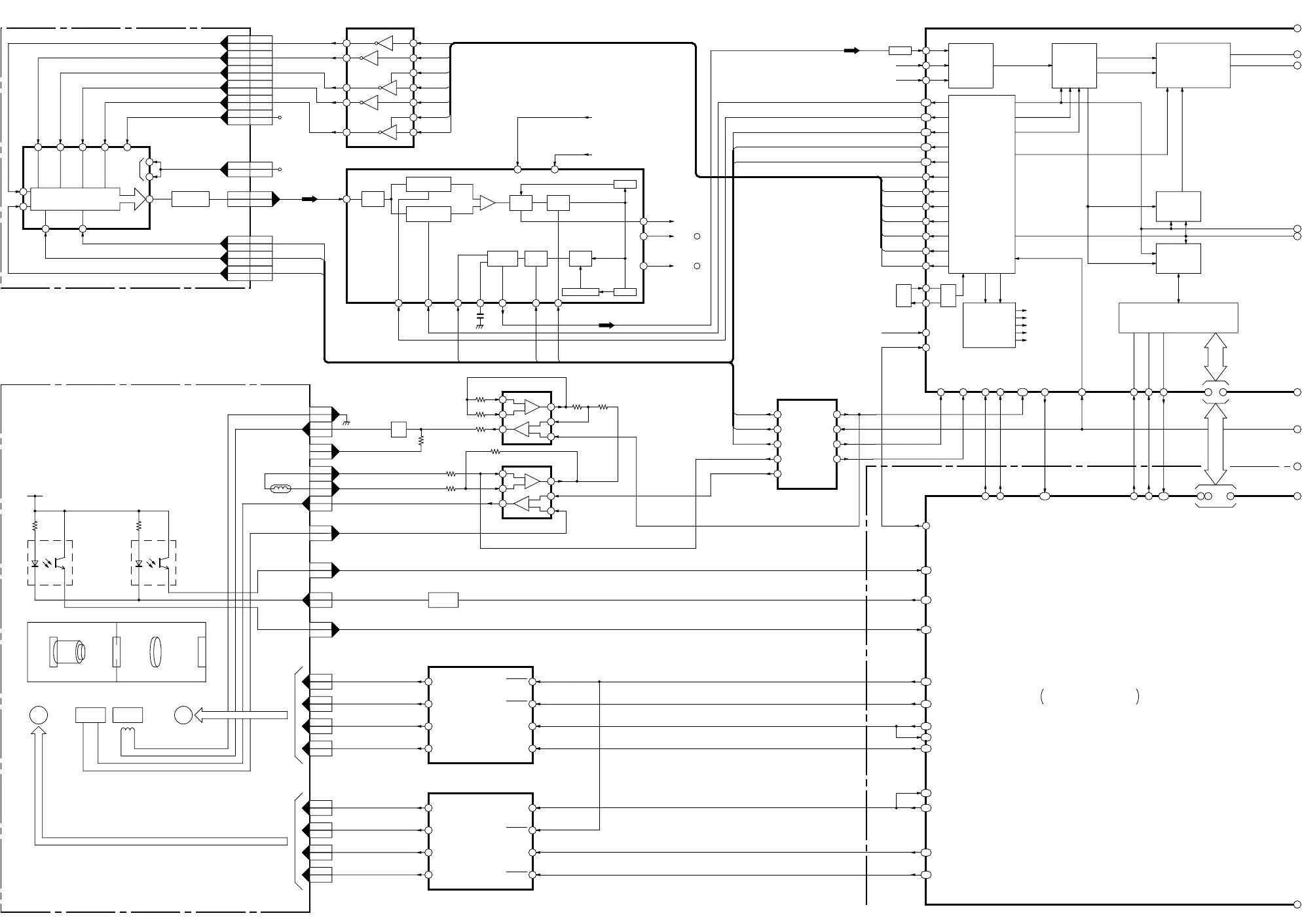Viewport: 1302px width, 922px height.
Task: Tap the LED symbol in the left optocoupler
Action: (x=35, y=563)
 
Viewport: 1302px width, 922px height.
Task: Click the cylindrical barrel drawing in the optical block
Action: (x=67, y=652)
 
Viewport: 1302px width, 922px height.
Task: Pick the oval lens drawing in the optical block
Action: (x=155, y=652)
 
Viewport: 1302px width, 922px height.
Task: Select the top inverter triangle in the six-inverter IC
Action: (x=385, y=43)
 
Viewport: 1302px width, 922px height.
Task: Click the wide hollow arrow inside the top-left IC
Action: (x=134, y=199)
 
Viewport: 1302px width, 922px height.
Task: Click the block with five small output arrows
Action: (x=989, y=325)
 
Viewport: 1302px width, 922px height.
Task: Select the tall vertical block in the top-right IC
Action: (x=982, y=184)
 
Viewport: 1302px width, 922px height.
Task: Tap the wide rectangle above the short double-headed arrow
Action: (x=1178, y=318)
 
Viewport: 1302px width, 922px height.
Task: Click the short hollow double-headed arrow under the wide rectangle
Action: (x=1216, y=357)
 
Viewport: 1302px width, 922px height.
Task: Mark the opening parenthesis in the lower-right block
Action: (x=1042, y=697)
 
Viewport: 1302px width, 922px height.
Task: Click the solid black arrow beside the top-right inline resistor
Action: (x=851, y=50)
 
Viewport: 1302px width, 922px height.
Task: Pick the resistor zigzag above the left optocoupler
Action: (x=35, y=525)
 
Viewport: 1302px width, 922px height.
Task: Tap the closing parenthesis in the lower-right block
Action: (x=1138, y=697)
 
